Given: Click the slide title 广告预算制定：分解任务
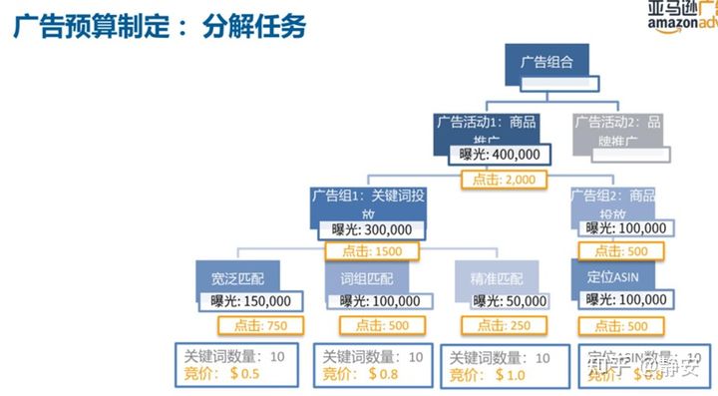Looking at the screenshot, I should click(x=160, y=26).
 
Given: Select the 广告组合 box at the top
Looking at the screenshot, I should click(x=546, y=63).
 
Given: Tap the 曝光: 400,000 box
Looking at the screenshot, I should click(x=499, y=155).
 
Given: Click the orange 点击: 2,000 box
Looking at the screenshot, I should click(x=505, y=180).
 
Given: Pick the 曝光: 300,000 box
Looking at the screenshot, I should click(x=372, y=229).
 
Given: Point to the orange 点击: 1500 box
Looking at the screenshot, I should click(x=373, y=251).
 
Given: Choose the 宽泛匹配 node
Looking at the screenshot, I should click(x=230, y=277).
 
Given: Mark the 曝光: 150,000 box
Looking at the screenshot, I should click(x=250, y=300).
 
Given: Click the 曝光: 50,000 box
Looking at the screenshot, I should click(x=510, y=300).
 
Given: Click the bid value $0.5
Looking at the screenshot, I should click(x=243, y=374).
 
